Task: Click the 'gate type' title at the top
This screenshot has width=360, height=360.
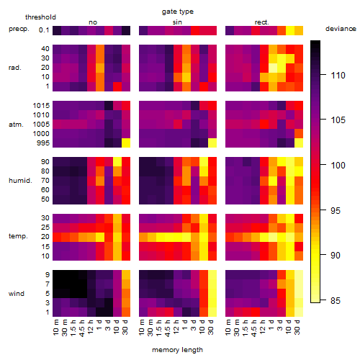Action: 178,12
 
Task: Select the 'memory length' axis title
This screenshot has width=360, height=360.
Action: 177,350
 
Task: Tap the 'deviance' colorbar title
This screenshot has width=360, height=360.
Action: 341,29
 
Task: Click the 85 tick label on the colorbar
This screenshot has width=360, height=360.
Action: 336,300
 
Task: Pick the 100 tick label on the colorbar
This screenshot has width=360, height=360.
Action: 338,165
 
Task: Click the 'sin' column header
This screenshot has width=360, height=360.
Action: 177,22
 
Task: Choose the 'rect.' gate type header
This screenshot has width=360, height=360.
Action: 261,22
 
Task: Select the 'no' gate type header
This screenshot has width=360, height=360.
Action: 93,22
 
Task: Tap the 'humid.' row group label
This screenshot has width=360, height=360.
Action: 20,181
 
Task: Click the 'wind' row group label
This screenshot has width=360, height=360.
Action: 17,294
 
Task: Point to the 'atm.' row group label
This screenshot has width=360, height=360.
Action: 16,125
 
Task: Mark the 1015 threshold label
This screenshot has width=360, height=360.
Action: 41,106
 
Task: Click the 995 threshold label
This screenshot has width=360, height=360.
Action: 43,143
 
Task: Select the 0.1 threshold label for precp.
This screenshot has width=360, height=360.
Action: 44,30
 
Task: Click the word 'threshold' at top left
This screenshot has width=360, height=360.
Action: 40,17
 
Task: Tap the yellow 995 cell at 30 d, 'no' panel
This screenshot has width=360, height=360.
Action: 126,143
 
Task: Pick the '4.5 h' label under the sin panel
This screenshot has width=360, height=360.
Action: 168,328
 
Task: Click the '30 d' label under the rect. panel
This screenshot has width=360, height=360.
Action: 297,327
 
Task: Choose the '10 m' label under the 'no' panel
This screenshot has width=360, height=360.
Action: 55,328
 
